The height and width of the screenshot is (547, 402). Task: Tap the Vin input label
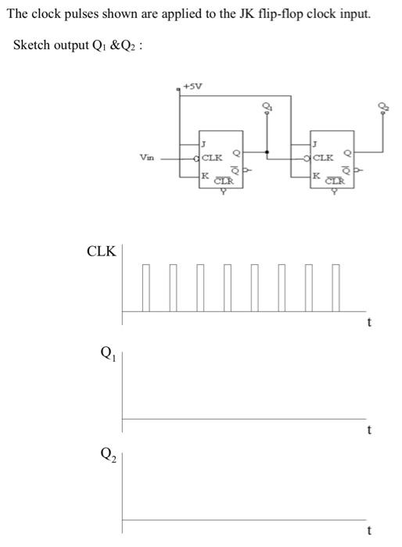(x=145, y=157)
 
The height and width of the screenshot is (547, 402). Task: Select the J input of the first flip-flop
(x=203, y=144)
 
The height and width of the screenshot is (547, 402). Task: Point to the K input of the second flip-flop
(x=315, y=175)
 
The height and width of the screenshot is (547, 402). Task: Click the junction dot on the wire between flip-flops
(x=267, y=152)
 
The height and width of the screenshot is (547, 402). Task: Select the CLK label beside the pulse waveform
(x=102, y=252)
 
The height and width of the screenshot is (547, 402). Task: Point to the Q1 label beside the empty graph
(x=102, y=352)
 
